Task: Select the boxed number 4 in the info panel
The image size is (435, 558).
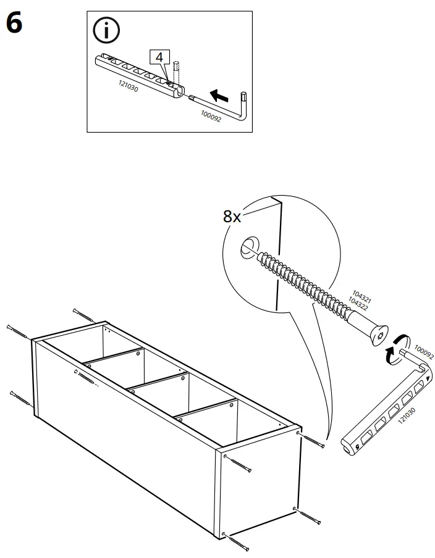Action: [159, 57]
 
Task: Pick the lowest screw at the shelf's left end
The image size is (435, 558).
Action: [22, 399]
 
